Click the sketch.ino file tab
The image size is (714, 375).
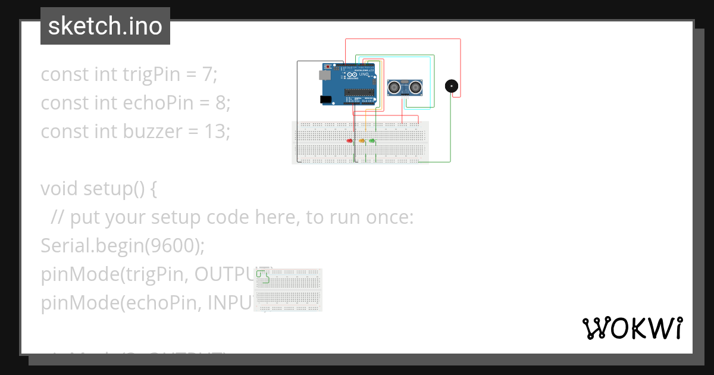tap(105, 26)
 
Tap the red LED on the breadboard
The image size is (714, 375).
tap(350, 140)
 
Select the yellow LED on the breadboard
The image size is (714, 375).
tap(361, 140)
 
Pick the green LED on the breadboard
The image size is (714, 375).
tap(372, 140)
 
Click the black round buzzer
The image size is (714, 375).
tap(452, 86)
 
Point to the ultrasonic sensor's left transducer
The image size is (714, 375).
tap(394, 87)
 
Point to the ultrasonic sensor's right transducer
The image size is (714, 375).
tap(414, 87)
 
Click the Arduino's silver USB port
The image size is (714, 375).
tap(324, 76)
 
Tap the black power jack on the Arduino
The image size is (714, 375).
tap(325, 99)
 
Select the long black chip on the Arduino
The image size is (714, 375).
tap(359, 92)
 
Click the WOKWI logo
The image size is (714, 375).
tap(632, 328)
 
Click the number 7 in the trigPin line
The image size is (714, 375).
tap(206, 74)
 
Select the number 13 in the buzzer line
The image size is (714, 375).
tap(215, 131)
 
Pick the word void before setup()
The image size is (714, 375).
tap(59, 189)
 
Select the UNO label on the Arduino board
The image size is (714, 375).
tap(364, 74)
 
